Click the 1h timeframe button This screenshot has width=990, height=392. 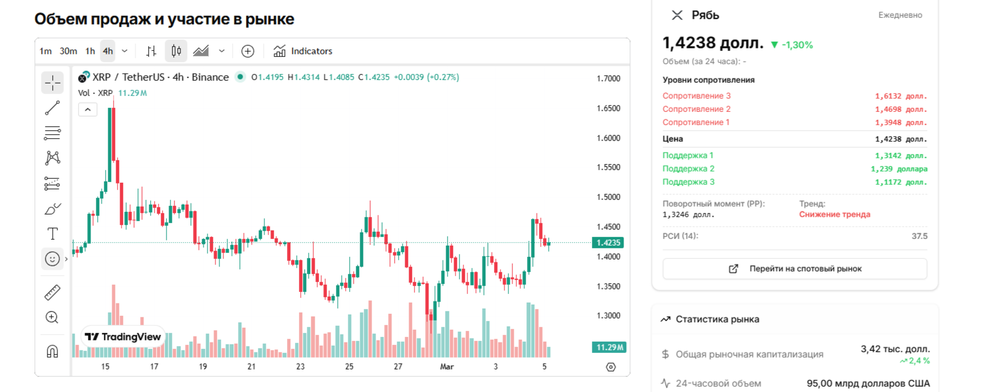tap(90, 51)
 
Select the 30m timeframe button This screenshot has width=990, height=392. tap(68, 51)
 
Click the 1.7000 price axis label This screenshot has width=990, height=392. tap(608, 79)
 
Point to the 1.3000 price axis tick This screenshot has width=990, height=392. tap(608, 316)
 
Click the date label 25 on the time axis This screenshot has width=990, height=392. tap(349, 367)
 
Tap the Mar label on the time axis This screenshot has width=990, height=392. tap(447, 367)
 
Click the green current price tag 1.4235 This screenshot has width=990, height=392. tap(608, 242)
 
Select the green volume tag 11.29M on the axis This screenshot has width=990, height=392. tap(608, 348)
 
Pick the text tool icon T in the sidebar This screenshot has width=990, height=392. tap(52, 234)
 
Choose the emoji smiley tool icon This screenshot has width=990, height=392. tap(52, 259)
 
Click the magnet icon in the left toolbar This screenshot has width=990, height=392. tap(52, 351)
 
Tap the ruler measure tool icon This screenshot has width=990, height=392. tap(52, 292)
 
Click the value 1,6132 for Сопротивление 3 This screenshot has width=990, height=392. tap(901, 96)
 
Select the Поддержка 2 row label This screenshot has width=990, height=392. tap(688, 169)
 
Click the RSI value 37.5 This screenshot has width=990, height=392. tap(919, 236)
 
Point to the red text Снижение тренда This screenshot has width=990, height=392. tap(835, 215)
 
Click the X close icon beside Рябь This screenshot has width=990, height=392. tap(677, 15)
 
